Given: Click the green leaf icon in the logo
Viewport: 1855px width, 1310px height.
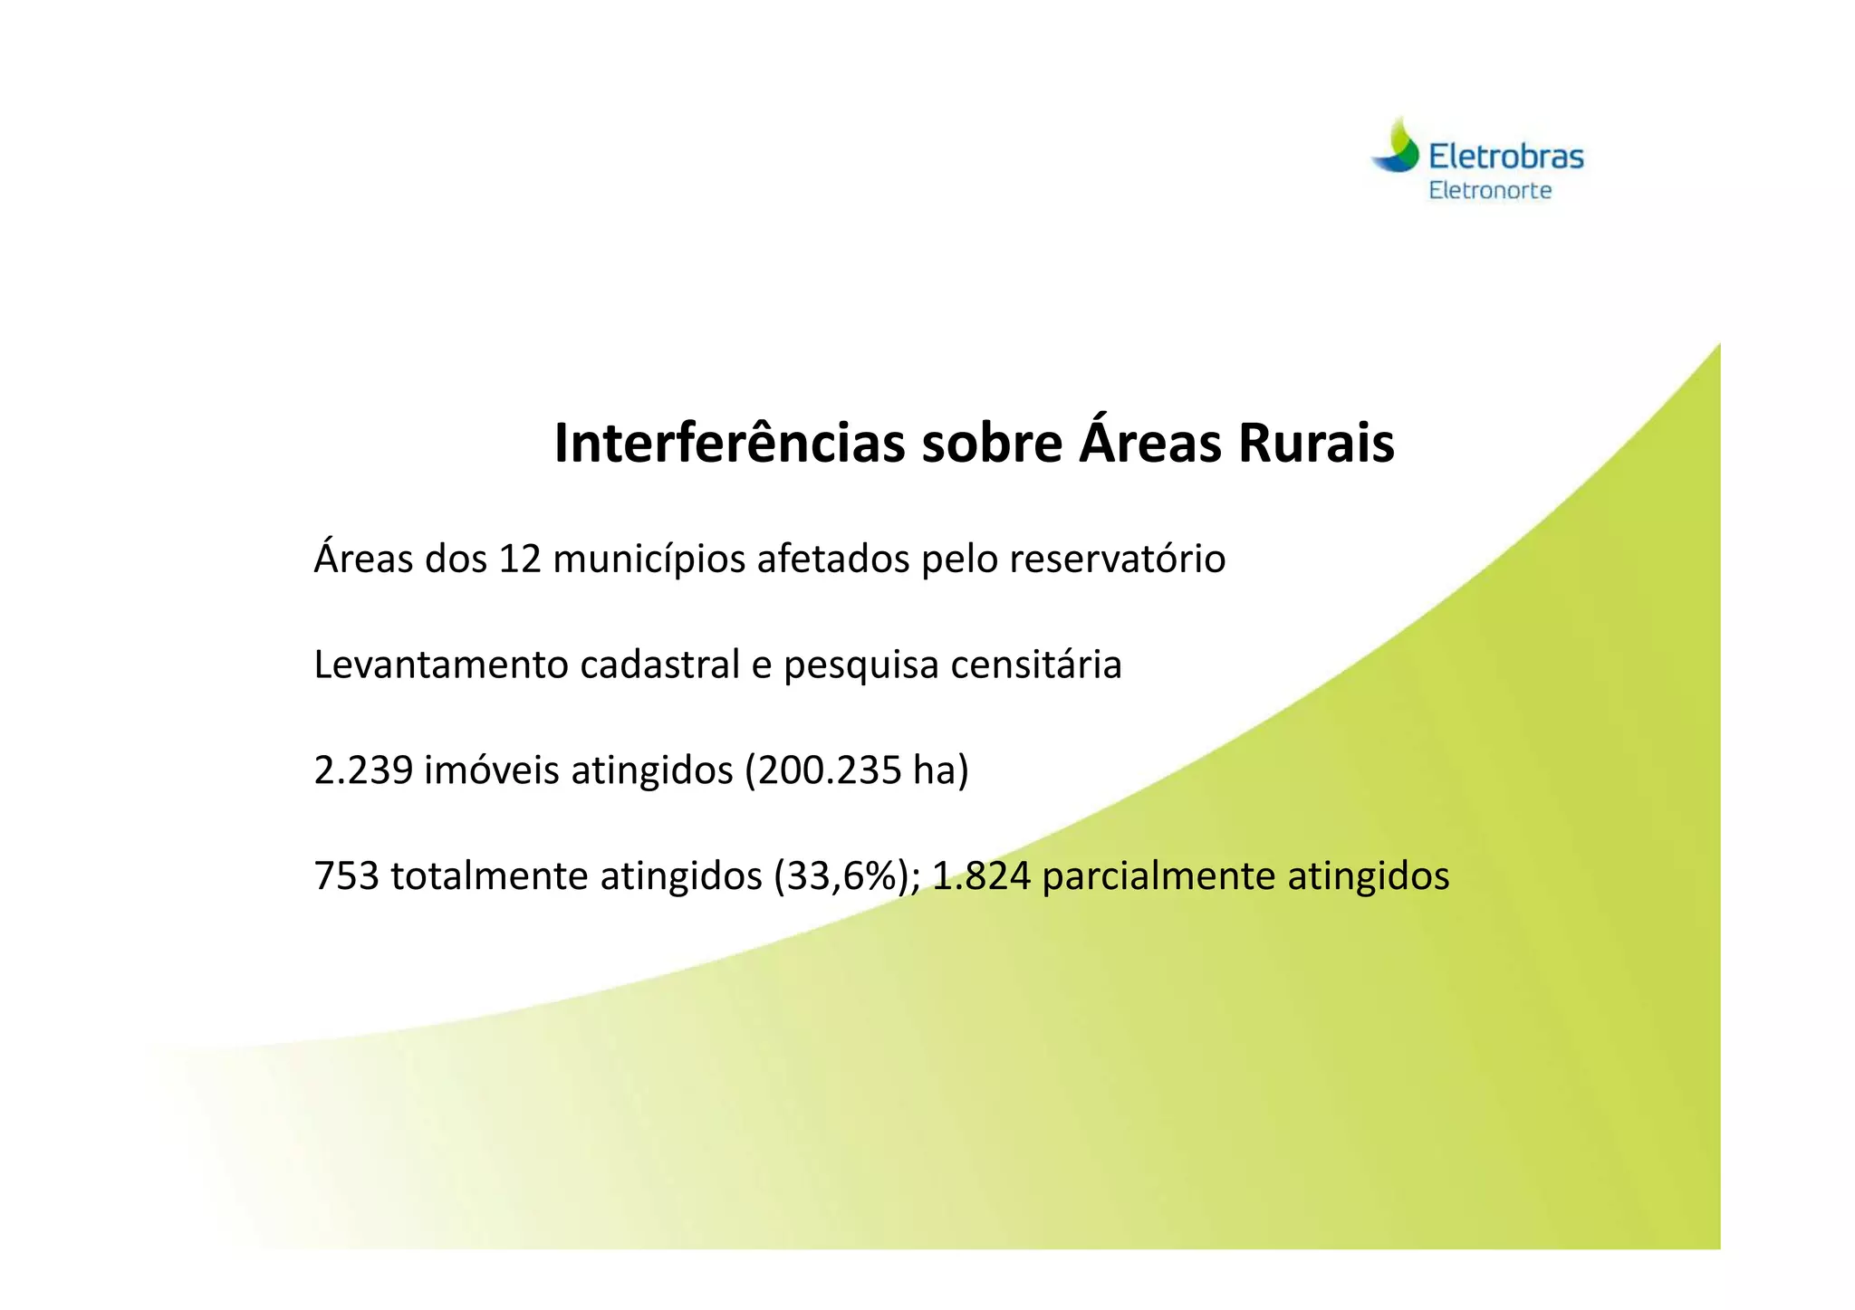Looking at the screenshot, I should tap(1398, 148).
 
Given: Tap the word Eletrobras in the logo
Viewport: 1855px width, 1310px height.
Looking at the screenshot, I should tap(1505, 158).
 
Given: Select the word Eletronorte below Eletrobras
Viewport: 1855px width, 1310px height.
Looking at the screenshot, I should tap(1490, 191).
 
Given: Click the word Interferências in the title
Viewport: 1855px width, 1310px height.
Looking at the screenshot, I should tap(729, 444).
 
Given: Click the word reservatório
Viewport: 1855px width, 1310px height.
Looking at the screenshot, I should tap(1117, 559).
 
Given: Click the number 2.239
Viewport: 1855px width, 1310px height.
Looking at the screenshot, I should tap(363, 771).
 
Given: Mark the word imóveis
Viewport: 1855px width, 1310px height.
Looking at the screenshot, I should tap(492, 771).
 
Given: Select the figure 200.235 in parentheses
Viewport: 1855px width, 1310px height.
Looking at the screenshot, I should tap(817, 771).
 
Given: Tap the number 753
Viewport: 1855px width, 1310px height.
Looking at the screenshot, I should tap(346, 876).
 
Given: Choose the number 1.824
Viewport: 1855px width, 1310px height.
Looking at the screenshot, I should tap(981, 876).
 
